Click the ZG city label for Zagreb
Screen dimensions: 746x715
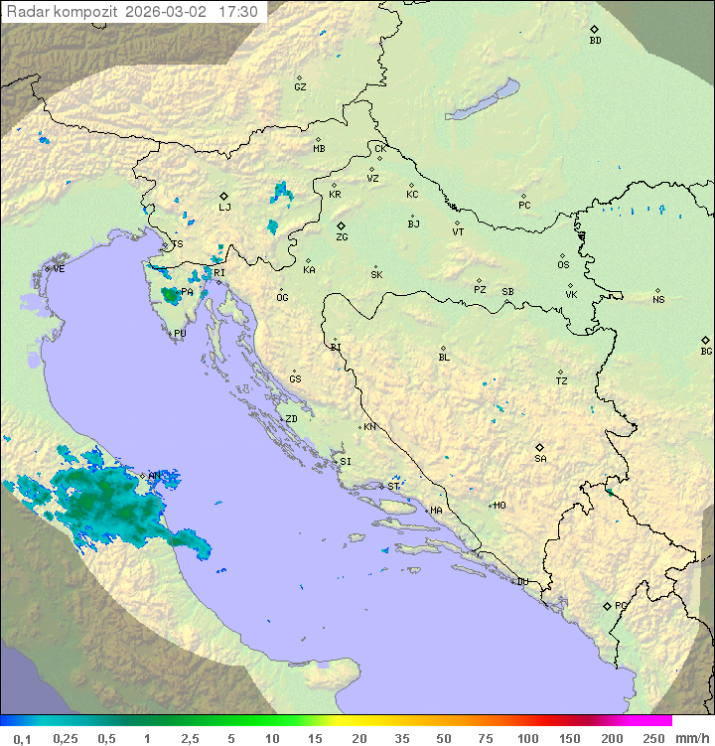point(342,237)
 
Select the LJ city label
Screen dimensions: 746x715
point(224,208)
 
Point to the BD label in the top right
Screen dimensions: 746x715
point(595,41)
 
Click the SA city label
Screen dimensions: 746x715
point(540,459)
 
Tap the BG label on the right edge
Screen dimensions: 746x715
point(706,351)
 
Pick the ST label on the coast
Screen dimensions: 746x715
point(394,487)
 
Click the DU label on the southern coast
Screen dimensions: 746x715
point(521,582)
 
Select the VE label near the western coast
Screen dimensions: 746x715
point(59,269)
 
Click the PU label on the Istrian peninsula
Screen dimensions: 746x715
point(180,334)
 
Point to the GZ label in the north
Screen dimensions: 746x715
point(300,87)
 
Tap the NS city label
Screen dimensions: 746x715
point(658,300)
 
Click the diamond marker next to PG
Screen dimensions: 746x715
point(607,606)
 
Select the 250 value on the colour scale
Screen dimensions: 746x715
point(653,738)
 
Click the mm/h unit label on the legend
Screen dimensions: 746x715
point(691,738)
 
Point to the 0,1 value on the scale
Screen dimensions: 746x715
point(22,738)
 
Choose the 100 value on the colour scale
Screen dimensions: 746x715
point(527,738)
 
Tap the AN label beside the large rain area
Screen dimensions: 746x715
point(154,476)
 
